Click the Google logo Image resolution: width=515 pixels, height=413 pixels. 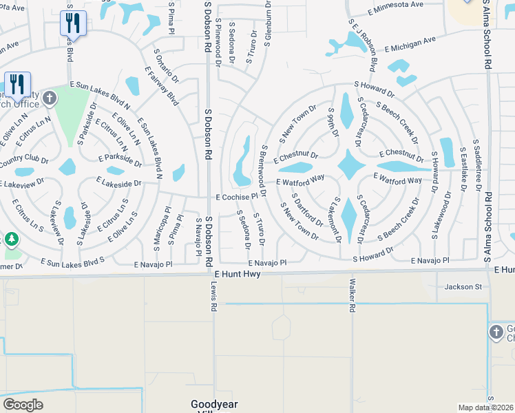point(23,405)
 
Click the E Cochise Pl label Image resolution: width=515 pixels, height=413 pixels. point(236,197)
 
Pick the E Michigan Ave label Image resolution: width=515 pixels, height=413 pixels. point(410,44)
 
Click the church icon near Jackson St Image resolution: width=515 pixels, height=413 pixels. point(495,333)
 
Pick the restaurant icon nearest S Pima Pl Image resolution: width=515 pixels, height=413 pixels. point(73,23)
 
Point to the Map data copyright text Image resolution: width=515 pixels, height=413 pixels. point(486,407)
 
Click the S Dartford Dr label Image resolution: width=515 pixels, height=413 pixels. point(307,210)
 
